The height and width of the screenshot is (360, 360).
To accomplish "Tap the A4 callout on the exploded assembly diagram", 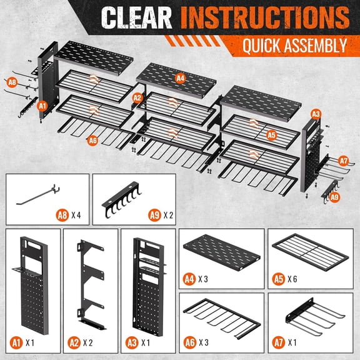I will pos(181,78).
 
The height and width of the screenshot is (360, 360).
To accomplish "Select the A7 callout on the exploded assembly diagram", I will pos(342,160).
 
